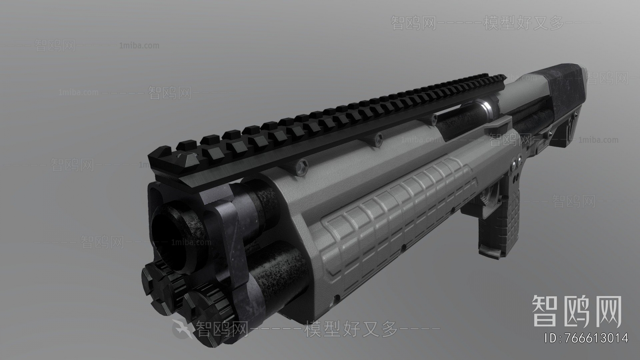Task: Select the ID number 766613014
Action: (586, 338)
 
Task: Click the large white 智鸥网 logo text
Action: (576, 312)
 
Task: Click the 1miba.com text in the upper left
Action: (139, 46)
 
